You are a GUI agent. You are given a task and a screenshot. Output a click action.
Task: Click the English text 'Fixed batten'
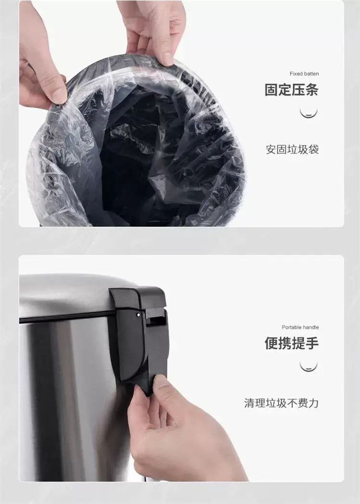304,73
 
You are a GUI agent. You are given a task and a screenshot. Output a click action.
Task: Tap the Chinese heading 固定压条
291,90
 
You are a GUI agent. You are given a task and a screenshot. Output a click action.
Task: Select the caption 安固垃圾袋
292,150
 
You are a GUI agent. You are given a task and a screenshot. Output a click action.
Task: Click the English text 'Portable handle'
300,327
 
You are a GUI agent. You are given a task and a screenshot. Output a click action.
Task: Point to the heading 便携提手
291,343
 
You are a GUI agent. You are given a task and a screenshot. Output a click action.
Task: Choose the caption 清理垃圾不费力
281,403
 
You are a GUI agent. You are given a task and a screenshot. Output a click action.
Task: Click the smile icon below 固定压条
309,113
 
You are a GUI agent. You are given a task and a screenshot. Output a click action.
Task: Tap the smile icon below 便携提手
309,367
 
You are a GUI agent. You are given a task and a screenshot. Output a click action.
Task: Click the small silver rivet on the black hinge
138,315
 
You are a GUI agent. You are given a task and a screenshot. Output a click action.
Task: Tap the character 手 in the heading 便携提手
312,343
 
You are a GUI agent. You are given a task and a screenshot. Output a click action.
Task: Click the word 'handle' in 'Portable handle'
311,327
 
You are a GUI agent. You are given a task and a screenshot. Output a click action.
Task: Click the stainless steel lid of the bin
68,294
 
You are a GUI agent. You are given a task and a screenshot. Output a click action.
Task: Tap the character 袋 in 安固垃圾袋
313,150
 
